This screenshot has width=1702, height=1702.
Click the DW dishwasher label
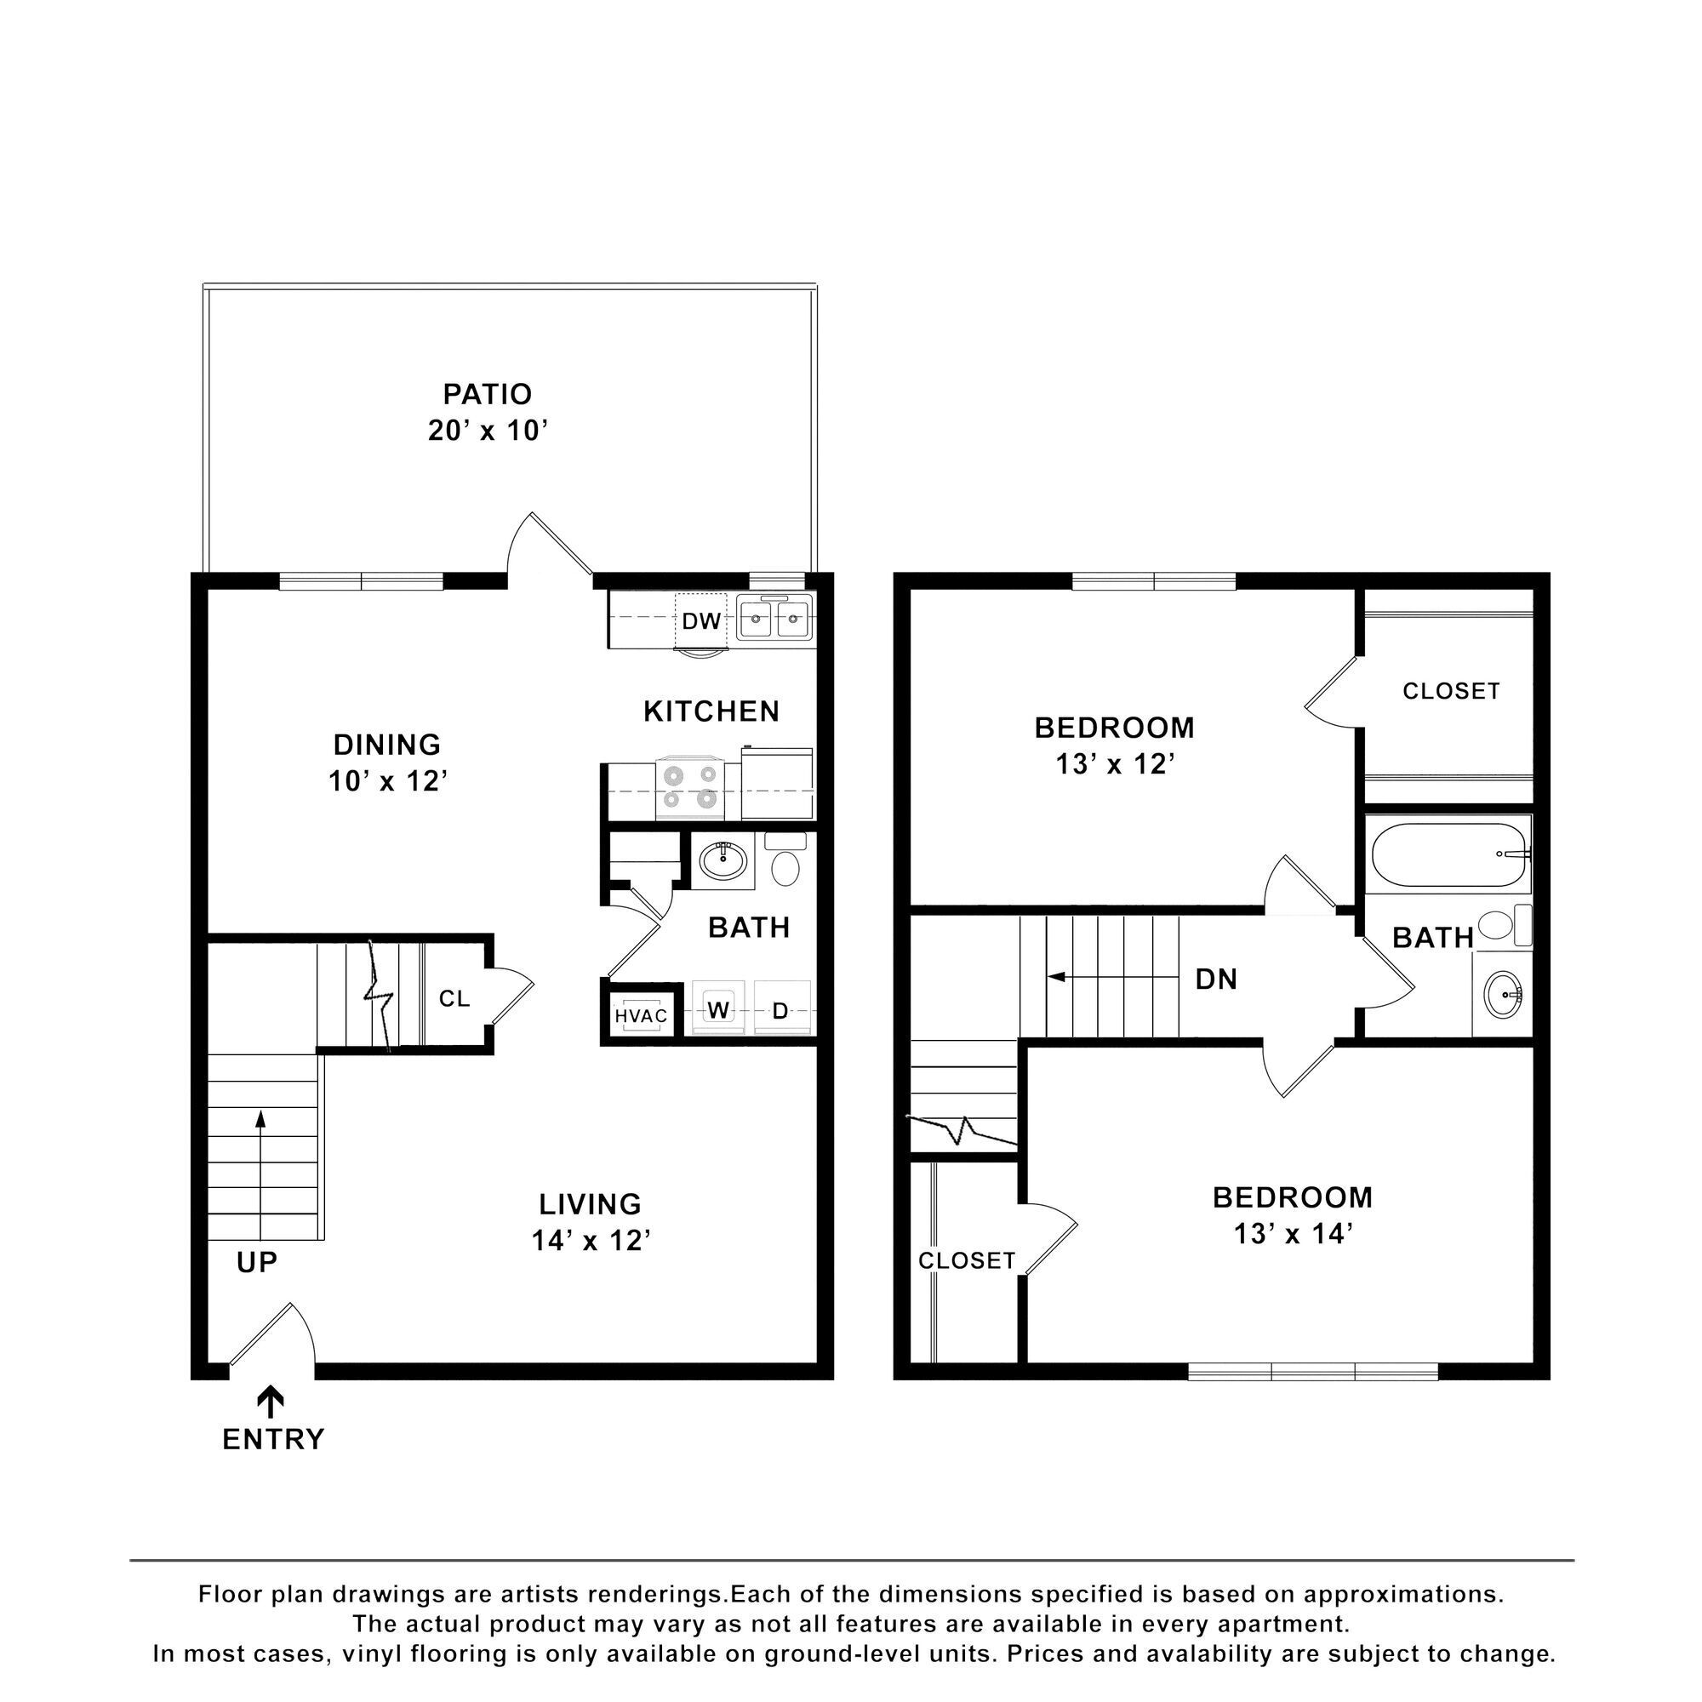click(701, 621)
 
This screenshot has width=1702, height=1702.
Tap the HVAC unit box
click(642, 1016)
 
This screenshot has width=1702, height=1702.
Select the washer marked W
click(718, 1010)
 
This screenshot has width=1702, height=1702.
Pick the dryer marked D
click(780, 1010)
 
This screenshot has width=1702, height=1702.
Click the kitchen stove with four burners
click(690, 787)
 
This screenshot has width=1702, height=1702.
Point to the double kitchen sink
click(774, 620)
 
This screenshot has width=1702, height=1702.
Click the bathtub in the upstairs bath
click(1448, 854)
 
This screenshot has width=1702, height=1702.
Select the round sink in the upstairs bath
click(1503, 995)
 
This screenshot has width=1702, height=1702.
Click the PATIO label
click(487, 393)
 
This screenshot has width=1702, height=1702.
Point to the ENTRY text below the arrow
click(273, 1440)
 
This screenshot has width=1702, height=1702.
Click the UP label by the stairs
click(257, 1262)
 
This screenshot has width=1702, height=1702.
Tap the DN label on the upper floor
click(1216, 979)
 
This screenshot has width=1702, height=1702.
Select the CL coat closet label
click(454, 998)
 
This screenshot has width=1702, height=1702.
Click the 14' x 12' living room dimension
click(591, 1241)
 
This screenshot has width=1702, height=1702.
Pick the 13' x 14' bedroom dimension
click(1293, 1233)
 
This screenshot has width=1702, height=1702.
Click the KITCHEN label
click(711, 711)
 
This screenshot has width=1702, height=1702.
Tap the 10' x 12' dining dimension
click(389, 780)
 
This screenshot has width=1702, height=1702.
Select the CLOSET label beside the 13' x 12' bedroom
click(1450, 691)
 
